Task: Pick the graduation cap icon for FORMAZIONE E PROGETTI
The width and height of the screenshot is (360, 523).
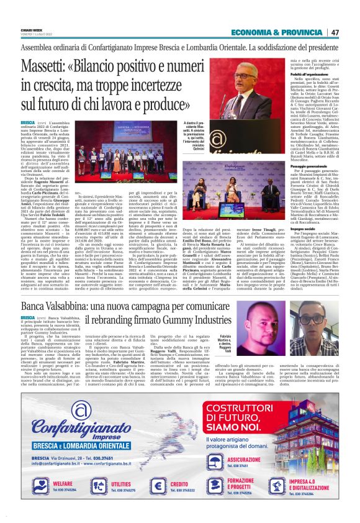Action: [213, 485]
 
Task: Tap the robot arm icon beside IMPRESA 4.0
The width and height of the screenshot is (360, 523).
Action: [276, 485]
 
